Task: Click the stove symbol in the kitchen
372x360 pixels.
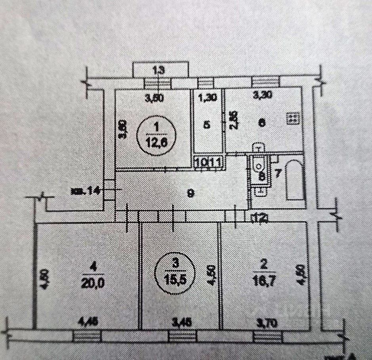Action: (x=293, y=118)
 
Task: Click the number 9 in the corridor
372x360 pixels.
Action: (x=191, y=193)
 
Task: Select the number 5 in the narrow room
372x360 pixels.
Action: (x=207, y=124)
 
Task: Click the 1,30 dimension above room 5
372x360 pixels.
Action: (x=206, y=96)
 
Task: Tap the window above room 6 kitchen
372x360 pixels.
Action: (x=266, y=81)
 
